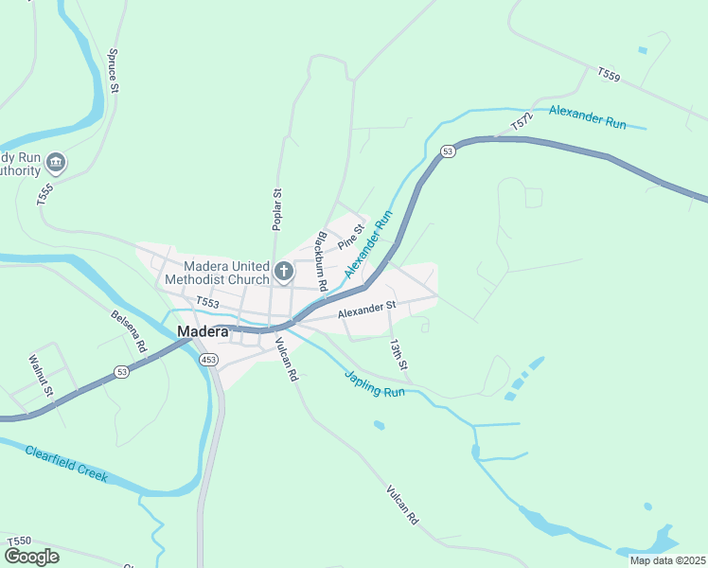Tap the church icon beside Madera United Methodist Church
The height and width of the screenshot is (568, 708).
point(283,273)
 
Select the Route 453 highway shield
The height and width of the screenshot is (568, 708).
point(209,360)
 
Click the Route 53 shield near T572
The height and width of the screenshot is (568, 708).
point(448,151)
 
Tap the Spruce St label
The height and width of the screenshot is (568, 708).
point(114,71)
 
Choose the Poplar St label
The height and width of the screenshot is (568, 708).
point(277,209)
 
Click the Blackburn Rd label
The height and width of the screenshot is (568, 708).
point(322,260)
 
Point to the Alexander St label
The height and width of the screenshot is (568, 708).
point(365,308)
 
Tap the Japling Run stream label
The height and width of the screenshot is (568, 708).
point(374,382)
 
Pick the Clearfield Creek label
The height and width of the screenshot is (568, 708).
point(66,462)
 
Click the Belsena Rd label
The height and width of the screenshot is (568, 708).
point(129,331)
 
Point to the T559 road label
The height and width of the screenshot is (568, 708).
point(609,74)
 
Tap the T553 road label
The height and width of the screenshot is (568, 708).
point(207,303)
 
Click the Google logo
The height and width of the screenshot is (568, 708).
point(31,556)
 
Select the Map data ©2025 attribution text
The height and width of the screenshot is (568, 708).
point(668,560)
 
